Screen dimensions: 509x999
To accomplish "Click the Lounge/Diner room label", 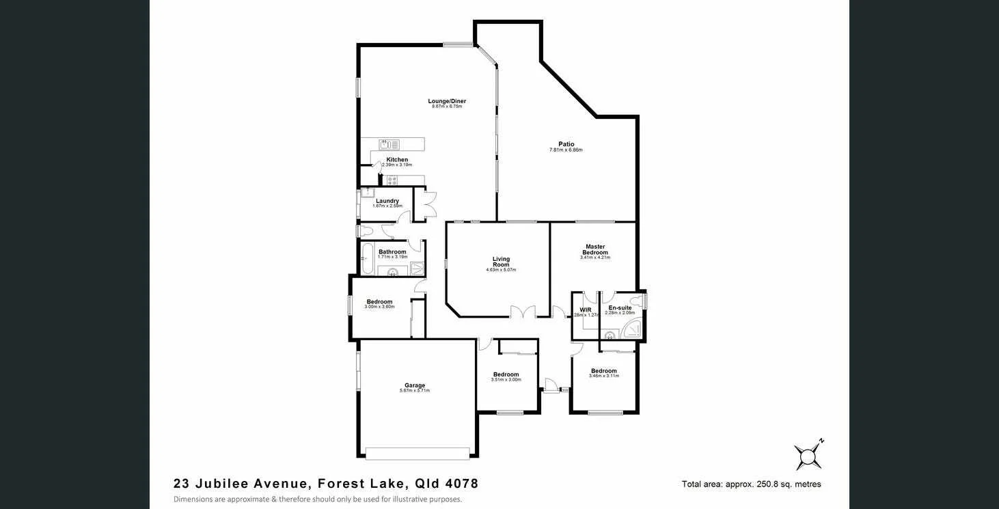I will tap(447, 101).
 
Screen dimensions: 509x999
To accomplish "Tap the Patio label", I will tap(566, 144).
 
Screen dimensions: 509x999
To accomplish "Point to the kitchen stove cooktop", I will tap(392, 181).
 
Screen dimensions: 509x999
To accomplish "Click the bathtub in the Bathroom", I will tap(367, 259).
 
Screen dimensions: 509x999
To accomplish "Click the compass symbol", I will tap(808, 456).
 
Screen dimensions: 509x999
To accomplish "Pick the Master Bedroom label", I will tap(594, 249).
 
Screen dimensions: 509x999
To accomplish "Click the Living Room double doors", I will tap(522, 312).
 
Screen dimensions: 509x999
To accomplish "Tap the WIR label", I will tap(585, 309).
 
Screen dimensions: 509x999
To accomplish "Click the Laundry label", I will tap(387, 201).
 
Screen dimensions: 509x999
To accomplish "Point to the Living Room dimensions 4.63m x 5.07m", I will tap(501, 270).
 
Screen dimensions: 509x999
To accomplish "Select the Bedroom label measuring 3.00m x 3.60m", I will tap(379, 302).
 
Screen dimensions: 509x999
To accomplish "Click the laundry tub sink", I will tap(368, 192).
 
